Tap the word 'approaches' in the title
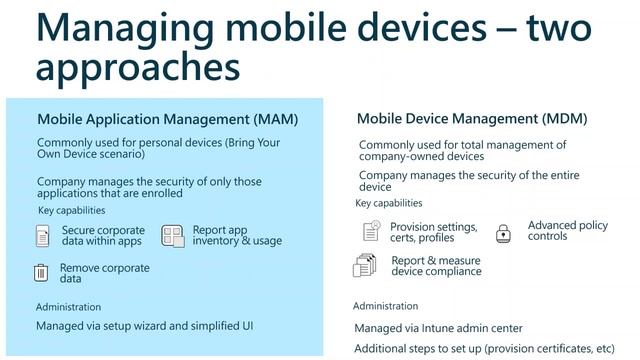point(138,68)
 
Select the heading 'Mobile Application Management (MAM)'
point(167,119)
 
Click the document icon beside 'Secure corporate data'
point(42,236)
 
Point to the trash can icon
point(41,272)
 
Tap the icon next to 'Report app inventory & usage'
point(173,235)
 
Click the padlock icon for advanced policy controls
point(504,233)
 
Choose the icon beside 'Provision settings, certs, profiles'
point(371,232)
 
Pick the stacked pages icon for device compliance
point(364,265)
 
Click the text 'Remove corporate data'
point(104,273)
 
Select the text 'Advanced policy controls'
point(567,231)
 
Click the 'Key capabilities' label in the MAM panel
point(71,211)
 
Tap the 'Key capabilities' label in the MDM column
point(389,203)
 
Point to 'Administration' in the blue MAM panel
point(68,307)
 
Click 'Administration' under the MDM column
point(385,306)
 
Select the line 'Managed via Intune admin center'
point(438,328)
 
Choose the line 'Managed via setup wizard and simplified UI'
point(143,326)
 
